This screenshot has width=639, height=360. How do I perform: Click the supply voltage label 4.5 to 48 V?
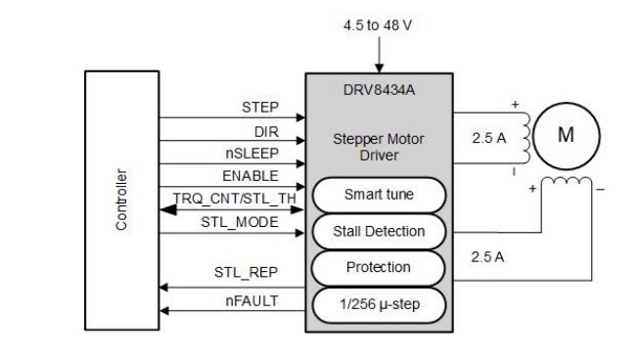click(x=378, y=24)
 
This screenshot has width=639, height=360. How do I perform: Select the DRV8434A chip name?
click(x=379, y=90)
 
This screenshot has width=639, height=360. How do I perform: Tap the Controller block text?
click(x=121, y=200)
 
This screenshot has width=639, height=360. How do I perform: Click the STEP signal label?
click(x=259, y=106)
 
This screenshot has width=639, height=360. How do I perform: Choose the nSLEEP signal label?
click(x=251, y=153)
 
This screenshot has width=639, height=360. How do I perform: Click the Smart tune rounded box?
click(x=379, y=195)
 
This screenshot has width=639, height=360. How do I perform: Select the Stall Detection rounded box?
click(x=379, y=232)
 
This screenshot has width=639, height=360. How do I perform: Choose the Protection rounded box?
click(x=379, y=268)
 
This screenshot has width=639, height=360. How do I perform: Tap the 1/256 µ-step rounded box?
click(x=379, y=305)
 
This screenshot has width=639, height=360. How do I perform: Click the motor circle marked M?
click(x=565, y=136)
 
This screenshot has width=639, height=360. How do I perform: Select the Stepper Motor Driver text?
click(x=379, y=146)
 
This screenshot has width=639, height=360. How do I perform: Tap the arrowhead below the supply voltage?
click(x=379, y=67)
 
